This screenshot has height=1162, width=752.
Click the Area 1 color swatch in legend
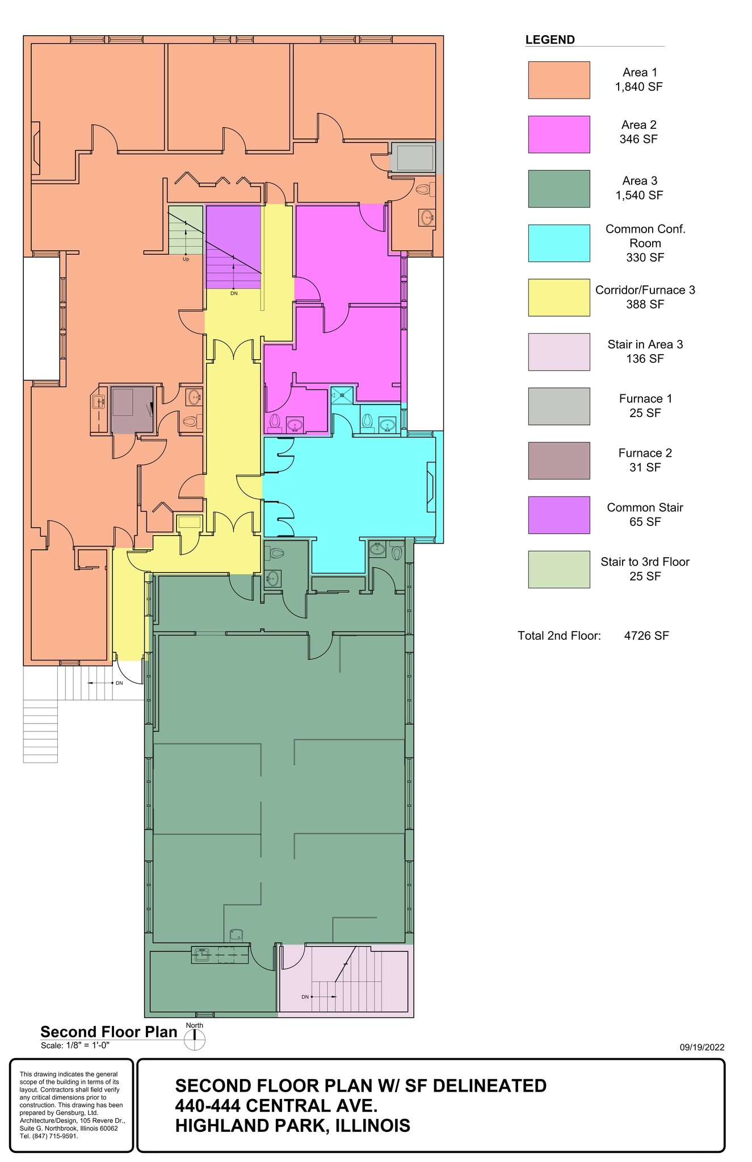558,80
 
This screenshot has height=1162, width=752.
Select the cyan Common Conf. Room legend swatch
558,243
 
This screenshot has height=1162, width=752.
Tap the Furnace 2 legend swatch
558,461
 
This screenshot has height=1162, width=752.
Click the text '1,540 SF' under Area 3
639,195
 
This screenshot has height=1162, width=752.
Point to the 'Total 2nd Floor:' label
558,635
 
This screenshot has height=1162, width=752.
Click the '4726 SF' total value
646,635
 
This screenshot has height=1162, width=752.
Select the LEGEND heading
549,40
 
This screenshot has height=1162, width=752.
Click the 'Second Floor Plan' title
109,1032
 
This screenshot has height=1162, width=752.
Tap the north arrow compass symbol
195,1039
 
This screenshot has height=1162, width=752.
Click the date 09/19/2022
701,1047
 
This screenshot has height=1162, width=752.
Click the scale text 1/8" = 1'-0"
75,1045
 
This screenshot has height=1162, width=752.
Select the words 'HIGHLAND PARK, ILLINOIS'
292,1126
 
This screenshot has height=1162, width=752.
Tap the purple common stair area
233,247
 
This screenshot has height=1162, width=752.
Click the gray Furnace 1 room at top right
414,157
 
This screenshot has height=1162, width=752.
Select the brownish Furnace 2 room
132,410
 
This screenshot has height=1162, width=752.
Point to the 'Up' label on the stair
186,259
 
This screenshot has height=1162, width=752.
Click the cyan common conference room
352,488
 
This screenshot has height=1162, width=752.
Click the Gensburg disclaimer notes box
72,1105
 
